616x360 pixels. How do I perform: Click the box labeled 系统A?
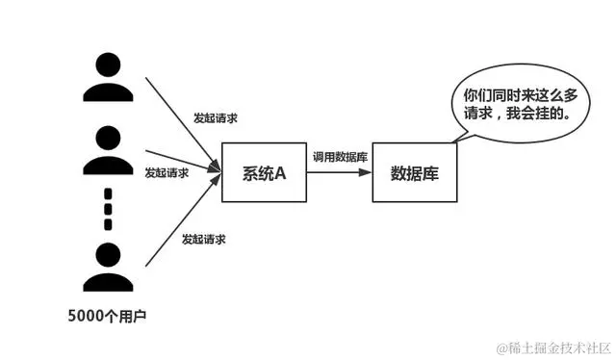pyautogui.click(x=264, y=173)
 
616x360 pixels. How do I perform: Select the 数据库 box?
pyautogui.click(x=414, y=173)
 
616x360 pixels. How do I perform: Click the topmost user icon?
pyautogui.click(x=108, y=76)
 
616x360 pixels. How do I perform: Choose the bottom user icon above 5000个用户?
pyautogui.click(x=108, y=268)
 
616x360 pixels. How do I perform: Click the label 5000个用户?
pyautogui.click(x=108, y=315)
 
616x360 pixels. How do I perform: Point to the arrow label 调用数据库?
pyautogui.click(x=339, y=156)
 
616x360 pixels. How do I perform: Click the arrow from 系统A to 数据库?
pyautogui.click(x=339, y=173)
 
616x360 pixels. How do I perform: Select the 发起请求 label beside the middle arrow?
pyautogui.click(x=167, y=173)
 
